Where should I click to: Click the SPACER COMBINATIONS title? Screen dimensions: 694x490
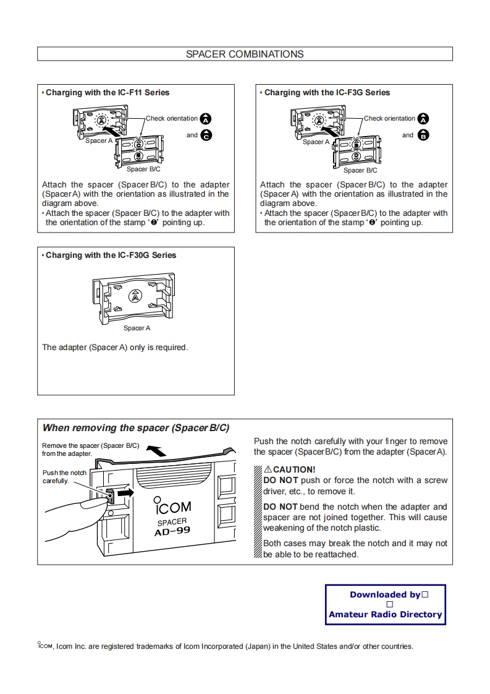[245, 54]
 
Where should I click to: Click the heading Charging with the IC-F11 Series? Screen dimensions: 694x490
[107, 92]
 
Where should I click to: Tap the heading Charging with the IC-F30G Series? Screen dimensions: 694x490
[111, 255]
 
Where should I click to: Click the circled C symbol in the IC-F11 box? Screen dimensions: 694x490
[206, 135]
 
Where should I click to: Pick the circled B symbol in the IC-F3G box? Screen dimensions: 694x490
[423, 135]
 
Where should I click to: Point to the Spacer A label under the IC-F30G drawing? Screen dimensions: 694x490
[137, 328]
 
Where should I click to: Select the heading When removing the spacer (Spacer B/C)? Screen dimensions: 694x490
[135, 427]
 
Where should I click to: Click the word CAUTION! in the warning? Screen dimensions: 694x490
[294, 469]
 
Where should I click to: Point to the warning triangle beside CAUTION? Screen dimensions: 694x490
[268, 469]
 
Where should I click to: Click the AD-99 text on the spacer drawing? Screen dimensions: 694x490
[172, 531]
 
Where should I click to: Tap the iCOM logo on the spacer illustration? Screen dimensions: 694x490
[172, 507]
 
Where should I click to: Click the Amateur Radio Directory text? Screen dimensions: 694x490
[385, 614]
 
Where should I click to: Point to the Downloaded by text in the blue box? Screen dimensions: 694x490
[385, 594]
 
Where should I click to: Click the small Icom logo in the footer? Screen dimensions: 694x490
[45, 646]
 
